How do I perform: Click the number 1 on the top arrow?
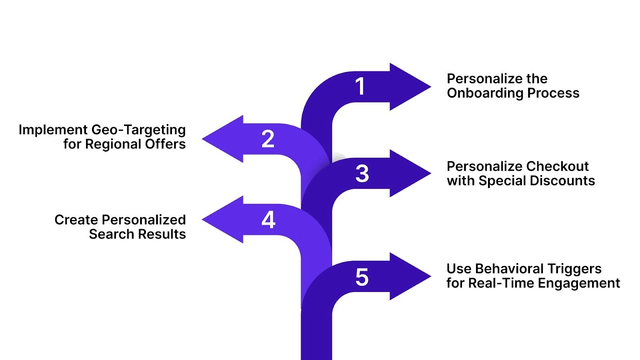[x=360, y=86]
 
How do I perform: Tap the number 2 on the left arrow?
[x=268, y=139]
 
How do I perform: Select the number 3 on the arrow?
[x=362, y=174]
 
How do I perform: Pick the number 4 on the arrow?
[x=268, y=220]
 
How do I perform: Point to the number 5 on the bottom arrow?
[x=362, y=277]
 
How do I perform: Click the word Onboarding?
[x=485, y=93]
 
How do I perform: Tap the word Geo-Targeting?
[x=138, y=130]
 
